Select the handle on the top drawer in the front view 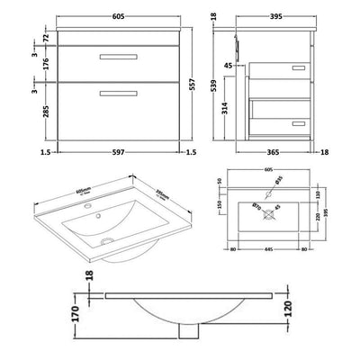[x=112, y=57]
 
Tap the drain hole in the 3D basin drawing [x=106, y=239]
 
